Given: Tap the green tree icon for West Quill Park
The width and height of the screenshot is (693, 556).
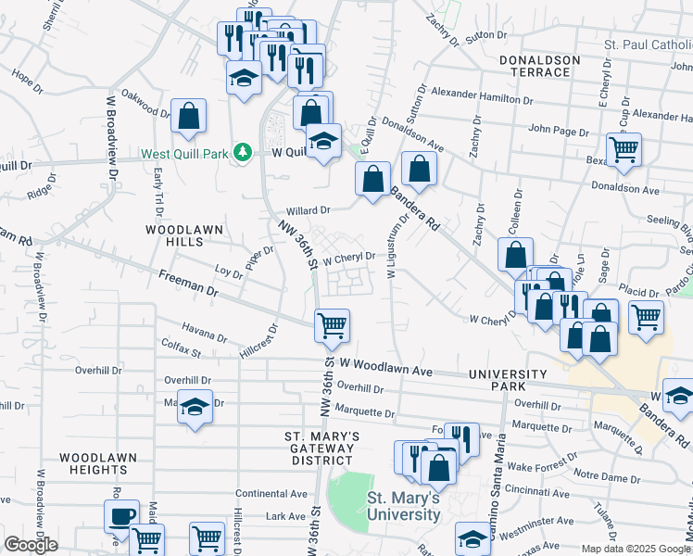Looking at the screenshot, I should tap(243, 151).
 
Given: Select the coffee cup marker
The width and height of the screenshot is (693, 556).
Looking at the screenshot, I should tap(122, 516).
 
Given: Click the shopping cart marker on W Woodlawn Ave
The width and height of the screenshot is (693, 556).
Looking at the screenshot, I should tap(332, 325).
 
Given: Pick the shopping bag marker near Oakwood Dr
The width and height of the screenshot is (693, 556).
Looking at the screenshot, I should tap(188, 117).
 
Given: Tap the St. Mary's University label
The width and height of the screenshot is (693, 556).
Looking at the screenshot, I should tap(403, 505).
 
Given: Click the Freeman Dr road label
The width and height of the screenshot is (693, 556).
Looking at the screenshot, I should tap(187, 284).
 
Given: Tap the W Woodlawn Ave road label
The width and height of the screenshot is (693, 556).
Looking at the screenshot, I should tap(386, 369).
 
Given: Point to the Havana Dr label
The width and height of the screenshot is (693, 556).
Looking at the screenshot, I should tap(204, 335).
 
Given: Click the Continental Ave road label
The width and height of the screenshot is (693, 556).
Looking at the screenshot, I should tap(271, 494).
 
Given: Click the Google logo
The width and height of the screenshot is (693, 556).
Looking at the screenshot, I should tap(31, 545).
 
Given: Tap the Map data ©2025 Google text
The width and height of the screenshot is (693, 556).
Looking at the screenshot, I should tap(636, 549).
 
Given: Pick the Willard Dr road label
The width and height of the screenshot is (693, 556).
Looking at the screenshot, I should tap(309, 211).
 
